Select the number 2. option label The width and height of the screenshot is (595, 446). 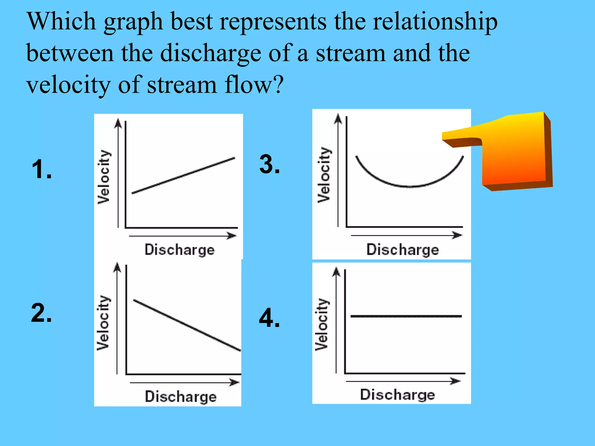[x=42, y=313]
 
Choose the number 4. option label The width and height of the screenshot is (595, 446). [x=269, y=318]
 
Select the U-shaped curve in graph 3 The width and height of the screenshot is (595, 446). [x=410, y=186]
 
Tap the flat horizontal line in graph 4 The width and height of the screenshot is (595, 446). [x=406, y=316]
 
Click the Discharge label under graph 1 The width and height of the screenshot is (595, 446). [x=180, y=250]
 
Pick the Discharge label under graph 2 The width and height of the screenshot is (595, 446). [x=181, y=397]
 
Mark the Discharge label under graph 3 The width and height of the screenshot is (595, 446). [x=403, y=250]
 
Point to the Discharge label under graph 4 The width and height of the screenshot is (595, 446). [x=397, y=395]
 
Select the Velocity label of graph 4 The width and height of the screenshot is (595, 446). [x=322, y=324]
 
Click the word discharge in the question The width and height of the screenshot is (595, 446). [x=211, y=53]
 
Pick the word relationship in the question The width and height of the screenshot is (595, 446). [x=435, y=22]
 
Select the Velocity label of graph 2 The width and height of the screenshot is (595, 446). [x=103, y=323]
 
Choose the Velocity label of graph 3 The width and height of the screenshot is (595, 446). [x=324, y=175]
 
